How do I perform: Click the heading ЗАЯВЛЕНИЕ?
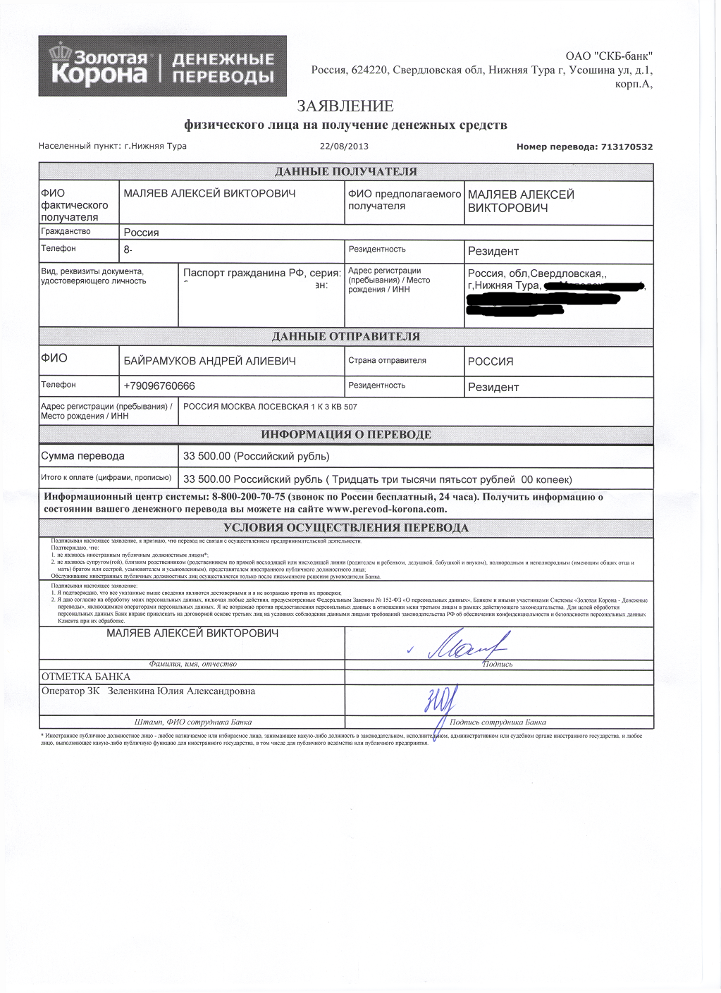tap(345, 106)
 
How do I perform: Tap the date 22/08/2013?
tap(344, 147)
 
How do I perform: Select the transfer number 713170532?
tap(627, 147)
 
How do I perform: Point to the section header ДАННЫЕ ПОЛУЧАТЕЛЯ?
tap(345, 172)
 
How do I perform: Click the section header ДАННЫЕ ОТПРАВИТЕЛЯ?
tap(345, 337)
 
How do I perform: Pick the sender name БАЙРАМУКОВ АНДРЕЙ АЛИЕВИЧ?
tap(209, 362)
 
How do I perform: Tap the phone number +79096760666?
tap(159, 386)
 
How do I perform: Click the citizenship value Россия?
tap(141, 233)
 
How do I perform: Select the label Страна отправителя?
tap(387, 361)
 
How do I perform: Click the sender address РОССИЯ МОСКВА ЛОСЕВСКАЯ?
tap(270, 407)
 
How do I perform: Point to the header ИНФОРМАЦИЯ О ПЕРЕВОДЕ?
tap(345, 435)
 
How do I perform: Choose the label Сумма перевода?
tap(82, 457)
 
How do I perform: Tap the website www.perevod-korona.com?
tap(386, 510)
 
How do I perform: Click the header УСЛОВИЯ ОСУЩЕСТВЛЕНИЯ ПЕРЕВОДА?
tap(345, 528)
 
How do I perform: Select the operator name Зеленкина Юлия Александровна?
tap(181, 691)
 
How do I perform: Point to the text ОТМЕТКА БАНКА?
tap(86, 677)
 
